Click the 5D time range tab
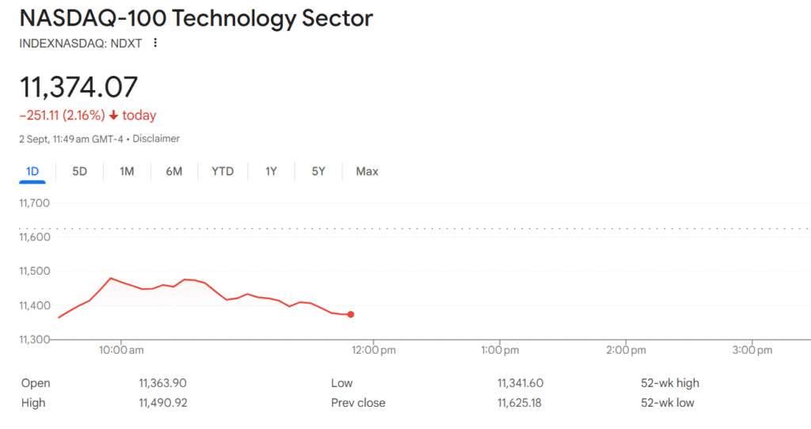coord(79,171)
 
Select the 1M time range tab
coord(127,171)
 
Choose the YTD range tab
coord(223,171)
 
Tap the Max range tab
coord(367,171)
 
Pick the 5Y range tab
coord(318,171)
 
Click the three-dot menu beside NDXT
coord(155,43)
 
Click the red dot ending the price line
coord(351,314)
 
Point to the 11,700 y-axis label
coord(34,203)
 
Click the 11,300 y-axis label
coord(34,340)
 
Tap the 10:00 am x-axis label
coord(120,349)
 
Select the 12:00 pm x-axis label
coord(374,349)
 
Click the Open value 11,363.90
coord(162,383)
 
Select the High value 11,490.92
coord(162,403)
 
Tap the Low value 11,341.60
coord(520,383)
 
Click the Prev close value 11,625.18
coord(520,403)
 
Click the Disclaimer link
coord(156,139)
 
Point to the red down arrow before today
coord(113,116)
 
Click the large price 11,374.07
coord(78,86)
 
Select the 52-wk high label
coord(670,383)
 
